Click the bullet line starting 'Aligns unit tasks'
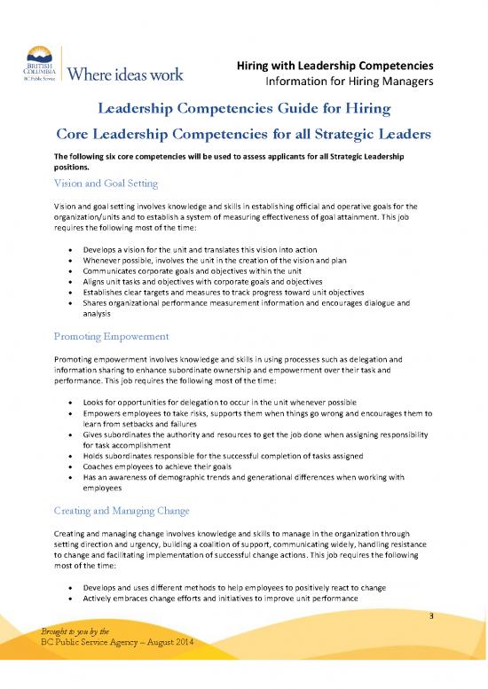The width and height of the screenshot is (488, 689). [190, 276]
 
